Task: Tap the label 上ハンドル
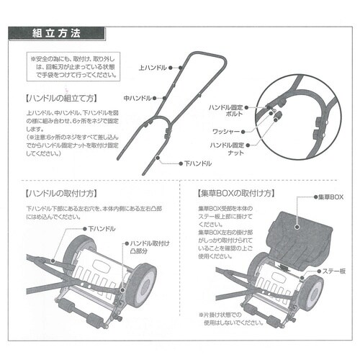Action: pos(149,67)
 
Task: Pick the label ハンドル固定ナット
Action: pos(228,149)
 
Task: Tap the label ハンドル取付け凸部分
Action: pos(150,249)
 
